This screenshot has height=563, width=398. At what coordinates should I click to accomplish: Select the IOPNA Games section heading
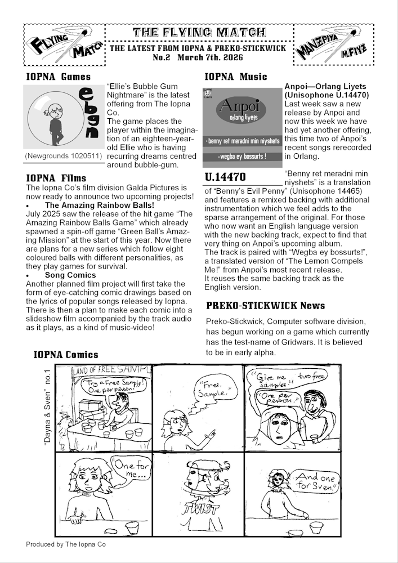[x=58, y=77]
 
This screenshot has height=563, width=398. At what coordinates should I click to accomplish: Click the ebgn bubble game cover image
[x=64, y=118]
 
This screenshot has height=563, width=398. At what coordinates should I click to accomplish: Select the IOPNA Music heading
[x=235, y=77]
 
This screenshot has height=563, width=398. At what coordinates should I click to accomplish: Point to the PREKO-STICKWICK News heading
[x=265, y=306]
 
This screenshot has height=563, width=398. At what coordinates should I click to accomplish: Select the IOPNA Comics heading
[x=66, y=355]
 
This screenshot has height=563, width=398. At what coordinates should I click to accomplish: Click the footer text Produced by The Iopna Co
[x=66, y=544]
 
